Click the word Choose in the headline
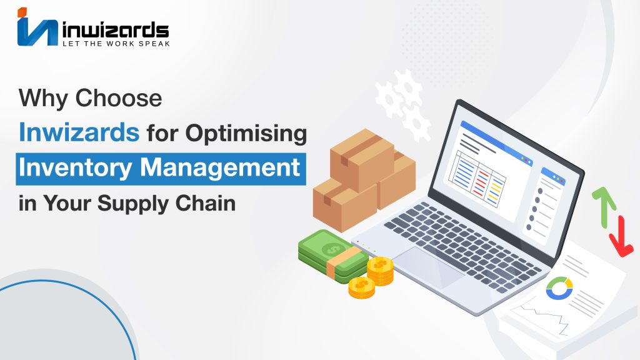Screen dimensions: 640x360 (x=118, y=98)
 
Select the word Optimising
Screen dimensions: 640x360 (x=246, y=134)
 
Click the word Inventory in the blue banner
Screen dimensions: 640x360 (x=76, y=168)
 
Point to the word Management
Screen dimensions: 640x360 (x=220, y=167)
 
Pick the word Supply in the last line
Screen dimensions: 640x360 (x=132, y=204)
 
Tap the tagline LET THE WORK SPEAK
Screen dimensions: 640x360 (x=116, y=43)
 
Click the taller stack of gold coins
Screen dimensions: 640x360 (x=380, y=271)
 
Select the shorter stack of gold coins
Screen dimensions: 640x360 (x=362, y=287)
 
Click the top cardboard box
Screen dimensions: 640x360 (x=362, y=159)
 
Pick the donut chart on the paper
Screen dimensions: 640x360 (x=559, y=287)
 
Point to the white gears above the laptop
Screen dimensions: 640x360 (x=402, y=105)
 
